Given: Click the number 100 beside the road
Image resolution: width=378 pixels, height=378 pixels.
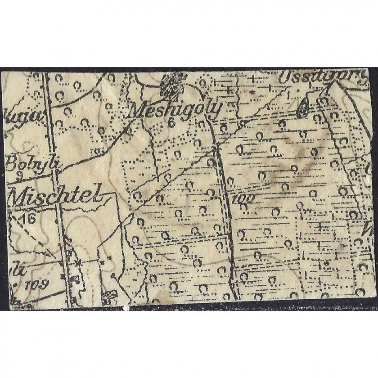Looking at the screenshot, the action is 243,198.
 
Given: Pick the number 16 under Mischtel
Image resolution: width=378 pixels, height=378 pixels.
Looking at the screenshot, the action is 27,219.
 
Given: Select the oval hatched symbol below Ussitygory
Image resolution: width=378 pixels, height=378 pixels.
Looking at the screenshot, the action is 303,108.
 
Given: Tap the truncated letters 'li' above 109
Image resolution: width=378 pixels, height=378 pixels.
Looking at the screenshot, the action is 17,270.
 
